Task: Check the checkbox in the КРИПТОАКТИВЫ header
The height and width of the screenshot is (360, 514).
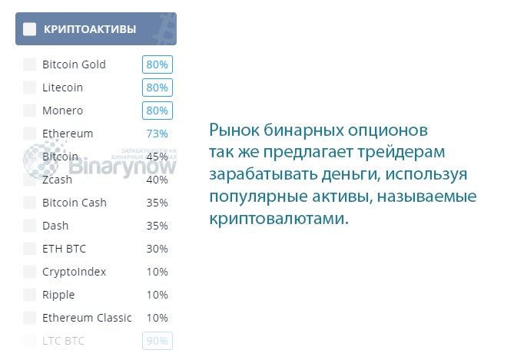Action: pos(30,30)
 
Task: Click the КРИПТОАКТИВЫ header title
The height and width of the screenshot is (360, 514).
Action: pos(91,30)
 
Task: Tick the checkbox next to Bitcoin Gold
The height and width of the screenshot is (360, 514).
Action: pos(30,64)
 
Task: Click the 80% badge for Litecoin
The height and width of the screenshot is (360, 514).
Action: pos(156,88)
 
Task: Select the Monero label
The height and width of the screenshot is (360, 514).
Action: pos(63,111)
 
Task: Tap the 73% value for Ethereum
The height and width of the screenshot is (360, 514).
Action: pos(157,134)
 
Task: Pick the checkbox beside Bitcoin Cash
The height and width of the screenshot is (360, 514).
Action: pos(30,203)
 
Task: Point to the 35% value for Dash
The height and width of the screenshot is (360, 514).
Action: pos(157,226)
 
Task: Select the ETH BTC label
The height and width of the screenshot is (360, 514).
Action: pos(65,249)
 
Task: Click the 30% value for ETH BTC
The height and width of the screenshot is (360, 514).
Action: pos(157,249)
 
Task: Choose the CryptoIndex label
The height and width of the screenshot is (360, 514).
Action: pos(75,272)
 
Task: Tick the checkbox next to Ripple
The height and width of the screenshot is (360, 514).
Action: pos(30,295)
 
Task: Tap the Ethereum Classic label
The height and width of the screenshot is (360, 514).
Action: pos(87,318)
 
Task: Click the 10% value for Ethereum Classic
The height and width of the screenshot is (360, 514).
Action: pos(157,318)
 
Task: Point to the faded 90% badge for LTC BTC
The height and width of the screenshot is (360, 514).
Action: pos(157,341)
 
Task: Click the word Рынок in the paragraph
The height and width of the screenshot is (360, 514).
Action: pos(234,128)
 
